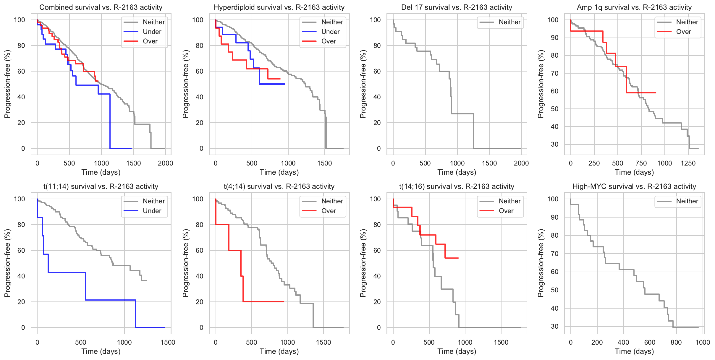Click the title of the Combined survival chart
(101, 7)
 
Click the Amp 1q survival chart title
(634, 7)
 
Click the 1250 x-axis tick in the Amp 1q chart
(688, 163)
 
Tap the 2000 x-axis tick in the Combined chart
(165, 163)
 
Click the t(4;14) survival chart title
(279, 187)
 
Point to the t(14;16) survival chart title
(457, 187)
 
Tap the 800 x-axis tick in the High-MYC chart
(676, 342)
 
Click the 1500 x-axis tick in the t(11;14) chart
(168, 342)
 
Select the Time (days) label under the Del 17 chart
(457, 172)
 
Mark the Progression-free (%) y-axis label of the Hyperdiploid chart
(185, 84)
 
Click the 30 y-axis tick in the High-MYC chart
(555, 326)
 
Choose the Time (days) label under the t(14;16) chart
(457, 351)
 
